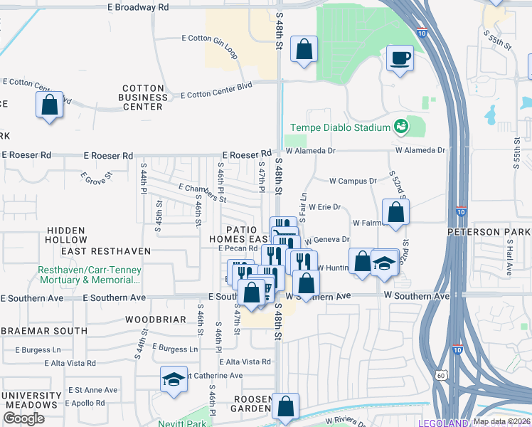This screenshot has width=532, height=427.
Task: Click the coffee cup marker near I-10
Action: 400,58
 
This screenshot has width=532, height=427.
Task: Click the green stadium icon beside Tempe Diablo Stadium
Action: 400,127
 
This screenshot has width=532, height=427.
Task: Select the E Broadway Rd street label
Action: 138,6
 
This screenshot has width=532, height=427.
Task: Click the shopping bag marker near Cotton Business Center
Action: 49,105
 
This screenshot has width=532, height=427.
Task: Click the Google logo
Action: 23,418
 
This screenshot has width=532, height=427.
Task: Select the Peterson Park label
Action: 489,233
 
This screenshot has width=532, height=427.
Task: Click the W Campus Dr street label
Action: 353,181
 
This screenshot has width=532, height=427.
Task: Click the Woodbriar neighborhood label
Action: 155,320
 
